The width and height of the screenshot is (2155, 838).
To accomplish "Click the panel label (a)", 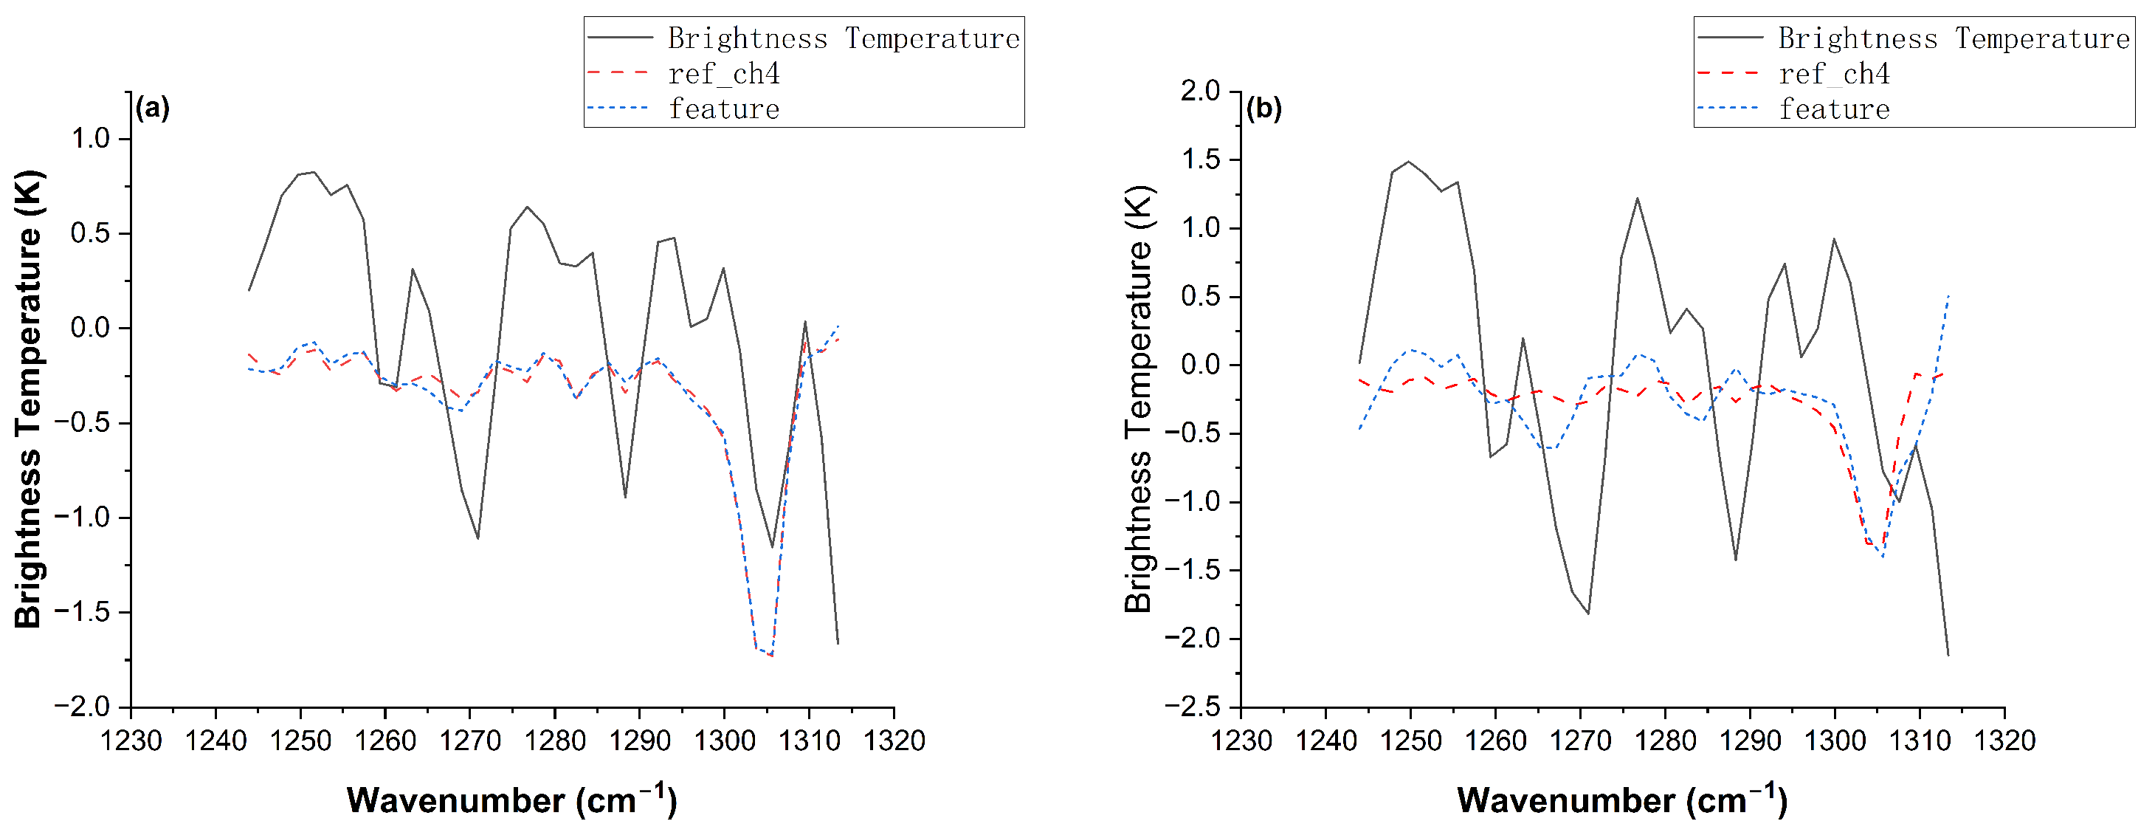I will pyautogui.click(x=152, y=109).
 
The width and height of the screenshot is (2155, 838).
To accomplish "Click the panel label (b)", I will pyautogui.click(x=1263, y=109).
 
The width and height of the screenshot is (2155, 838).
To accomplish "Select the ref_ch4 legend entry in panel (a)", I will pyautogui.click(x=724, y=74).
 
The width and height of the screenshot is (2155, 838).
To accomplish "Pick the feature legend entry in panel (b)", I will pyautogui.click(x=1834, y=109).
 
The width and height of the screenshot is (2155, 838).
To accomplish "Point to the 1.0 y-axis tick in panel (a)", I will pyautogui.click(x=90, y=138).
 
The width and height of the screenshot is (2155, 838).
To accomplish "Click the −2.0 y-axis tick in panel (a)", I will pyautogui.click(x=82, y=707).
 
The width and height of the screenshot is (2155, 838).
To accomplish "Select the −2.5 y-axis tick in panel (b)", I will pyautogui.click(x=1192, y=707).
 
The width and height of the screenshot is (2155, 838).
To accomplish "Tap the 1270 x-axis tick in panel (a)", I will pyautogui.click(x=470, y=741).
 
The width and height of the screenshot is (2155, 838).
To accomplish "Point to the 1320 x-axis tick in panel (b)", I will pyautogui.click(x=2004, y=741).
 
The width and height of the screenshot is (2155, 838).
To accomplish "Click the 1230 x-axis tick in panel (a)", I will pyautogui.click(x=131, y=741).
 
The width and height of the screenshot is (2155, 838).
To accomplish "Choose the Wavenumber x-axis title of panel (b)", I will pyautogui.click(x=1621, y=800).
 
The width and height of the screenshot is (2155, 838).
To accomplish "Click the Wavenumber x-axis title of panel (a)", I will pyautogui.click(x=511, y=800).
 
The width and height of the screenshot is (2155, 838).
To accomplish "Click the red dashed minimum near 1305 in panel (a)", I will pyautogui.click(x=771, y=656).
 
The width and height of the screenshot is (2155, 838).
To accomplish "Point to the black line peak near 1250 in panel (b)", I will pyautogui.click(x=1409, y=162).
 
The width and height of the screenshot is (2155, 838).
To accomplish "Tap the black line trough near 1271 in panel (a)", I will pyautogui.click(x=477, y=538).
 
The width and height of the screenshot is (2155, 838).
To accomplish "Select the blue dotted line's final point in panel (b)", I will pyautogui.click(x=1948, y=295).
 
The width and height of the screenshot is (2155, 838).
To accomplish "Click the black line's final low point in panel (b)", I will pyautogui.click(x=1948, y=656).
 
